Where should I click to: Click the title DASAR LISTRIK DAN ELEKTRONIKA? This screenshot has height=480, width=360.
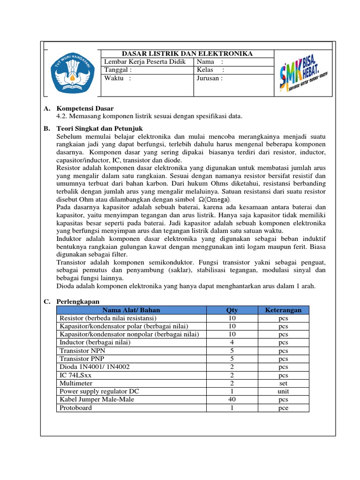(x=187, y=54)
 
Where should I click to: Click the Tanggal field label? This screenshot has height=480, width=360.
(x=114, y=70)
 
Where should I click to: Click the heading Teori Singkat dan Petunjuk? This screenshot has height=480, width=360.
(x=99, y=128)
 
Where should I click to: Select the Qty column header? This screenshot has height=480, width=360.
(x=232, y=310)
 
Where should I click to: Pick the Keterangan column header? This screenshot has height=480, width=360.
(x=283, y=310)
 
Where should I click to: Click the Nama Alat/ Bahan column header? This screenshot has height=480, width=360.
(x=131, y=310)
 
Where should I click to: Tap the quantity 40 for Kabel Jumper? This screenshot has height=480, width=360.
(x=232, y=399)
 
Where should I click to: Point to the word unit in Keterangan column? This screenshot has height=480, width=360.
(x=283, y=391)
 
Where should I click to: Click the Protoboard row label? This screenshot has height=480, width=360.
(x=76, y=408)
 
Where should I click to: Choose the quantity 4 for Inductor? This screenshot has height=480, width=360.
(x=232, y=342)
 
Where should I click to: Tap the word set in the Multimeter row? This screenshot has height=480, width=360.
(x=283, y=383)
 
